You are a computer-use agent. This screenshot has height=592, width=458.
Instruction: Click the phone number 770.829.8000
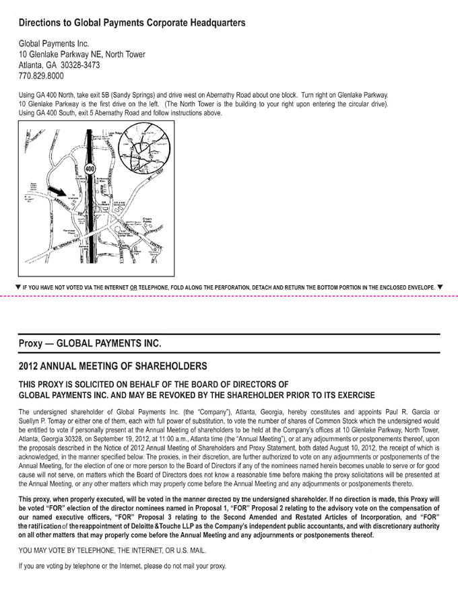point(41,77)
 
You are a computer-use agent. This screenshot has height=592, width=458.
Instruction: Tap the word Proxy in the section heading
point(31,343)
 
